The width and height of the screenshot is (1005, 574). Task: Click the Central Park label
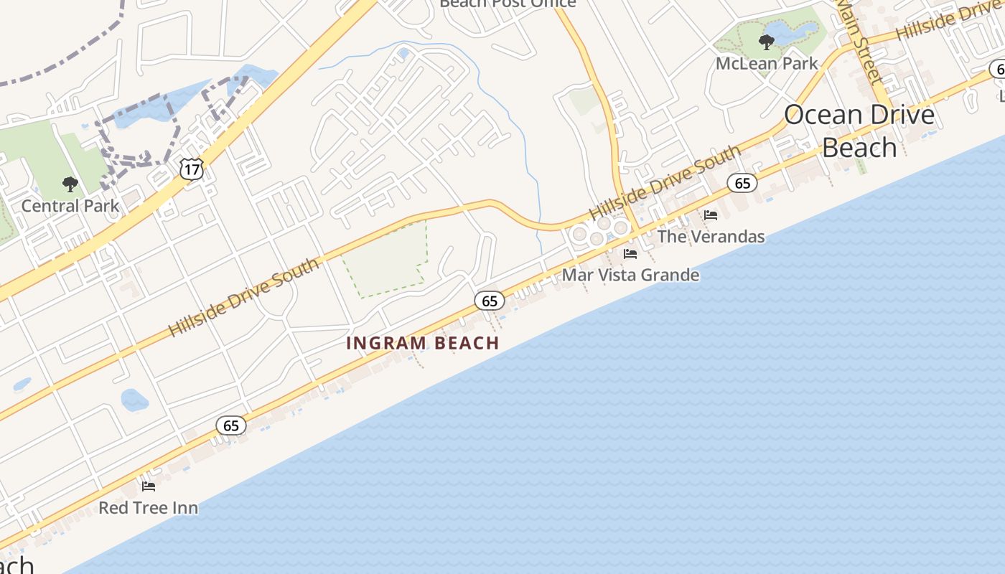(70, 206)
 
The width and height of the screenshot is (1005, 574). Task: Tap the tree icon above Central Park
(70, 185)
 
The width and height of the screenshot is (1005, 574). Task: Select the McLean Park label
(767, 63)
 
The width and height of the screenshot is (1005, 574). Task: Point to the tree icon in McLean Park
(767, 42)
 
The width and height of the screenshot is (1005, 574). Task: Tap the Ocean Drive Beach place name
(859, 131)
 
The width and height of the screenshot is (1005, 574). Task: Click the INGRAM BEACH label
(423, 343)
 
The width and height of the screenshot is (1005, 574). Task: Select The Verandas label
(711, 236)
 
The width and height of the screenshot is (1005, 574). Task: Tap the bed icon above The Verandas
(711, 215)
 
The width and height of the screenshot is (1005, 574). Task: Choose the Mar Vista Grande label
(630, 275)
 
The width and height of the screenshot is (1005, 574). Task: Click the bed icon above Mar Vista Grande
(630, 254)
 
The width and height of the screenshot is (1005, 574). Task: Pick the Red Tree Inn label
(148, 508)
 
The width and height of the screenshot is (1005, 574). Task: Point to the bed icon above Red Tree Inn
(149, 486)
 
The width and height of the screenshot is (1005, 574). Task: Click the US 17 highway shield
(192, 169)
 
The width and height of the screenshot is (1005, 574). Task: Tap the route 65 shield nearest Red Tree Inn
(231, 426)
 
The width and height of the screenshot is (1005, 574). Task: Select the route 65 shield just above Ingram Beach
(490, 301)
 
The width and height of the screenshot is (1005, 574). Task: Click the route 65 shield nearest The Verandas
(742, 183)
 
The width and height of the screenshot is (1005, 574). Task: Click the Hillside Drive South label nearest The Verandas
(664, 183)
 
